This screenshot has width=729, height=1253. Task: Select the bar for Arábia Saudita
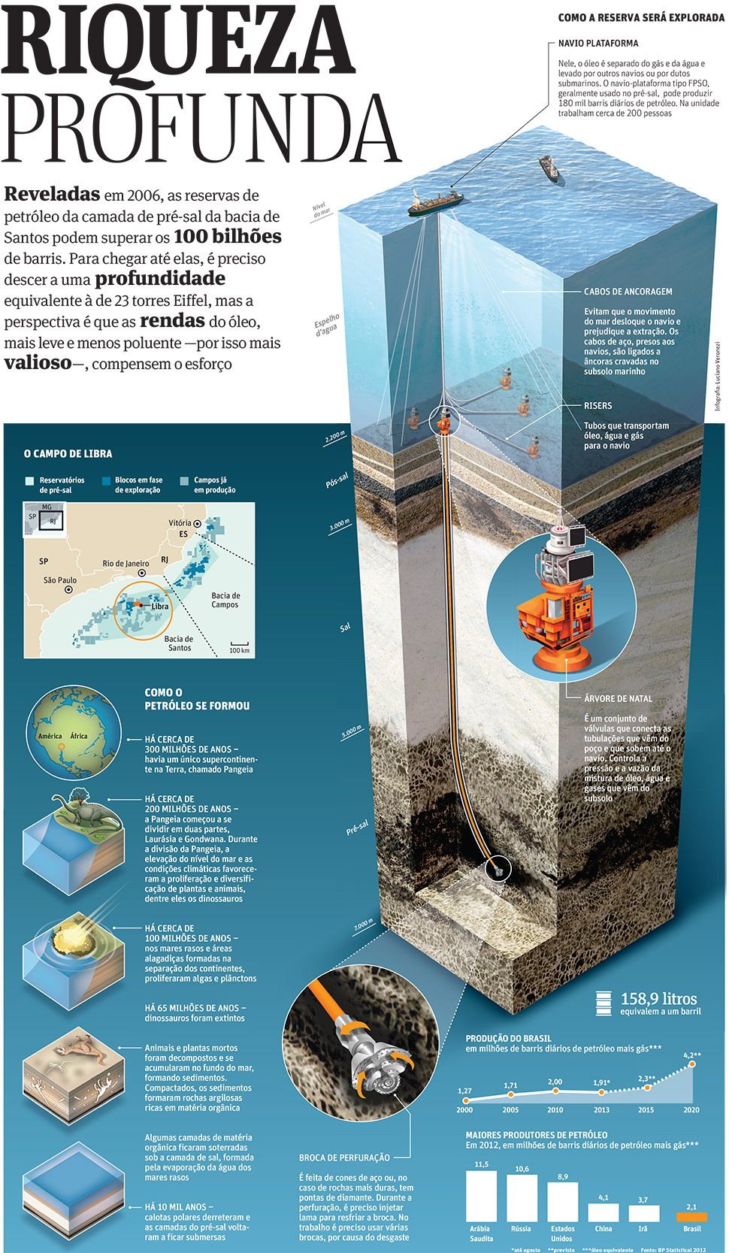pos(482,1196)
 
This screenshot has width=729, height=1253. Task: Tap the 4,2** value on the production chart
pos(692,1055)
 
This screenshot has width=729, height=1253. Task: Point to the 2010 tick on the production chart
pos(555,1109)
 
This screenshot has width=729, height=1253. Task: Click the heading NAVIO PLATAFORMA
pos(598,44)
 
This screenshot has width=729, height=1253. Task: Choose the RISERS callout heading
pos(598,406)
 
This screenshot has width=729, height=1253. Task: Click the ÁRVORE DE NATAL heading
pos(618,698)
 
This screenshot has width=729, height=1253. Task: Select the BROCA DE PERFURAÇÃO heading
pos(344,1158)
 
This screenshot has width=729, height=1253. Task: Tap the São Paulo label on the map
pos(60,580)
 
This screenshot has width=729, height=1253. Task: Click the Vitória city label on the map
pos(180,522)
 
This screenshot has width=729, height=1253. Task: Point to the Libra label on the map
pos(159,606)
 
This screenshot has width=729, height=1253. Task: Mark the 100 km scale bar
pos(239,644)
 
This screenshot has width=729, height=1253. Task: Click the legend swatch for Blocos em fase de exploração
pos(108,480)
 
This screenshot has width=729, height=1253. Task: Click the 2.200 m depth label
pos(335,437)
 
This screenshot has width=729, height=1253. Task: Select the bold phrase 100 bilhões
pos(227,237)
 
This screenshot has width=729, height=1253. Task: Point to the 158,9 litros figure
pos(658,999)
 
